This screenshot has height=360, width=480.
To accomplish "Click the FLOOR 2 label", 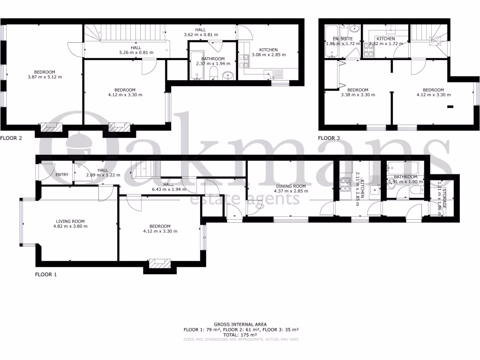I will pos(11,138).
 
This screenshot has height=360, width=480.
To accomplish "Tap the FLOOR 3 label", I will pos(330,138).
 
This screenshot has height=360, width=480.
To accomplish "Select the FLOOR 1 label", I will pos(46,275).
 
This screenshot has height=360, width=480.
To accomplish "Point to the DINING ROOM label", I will pos(291,186).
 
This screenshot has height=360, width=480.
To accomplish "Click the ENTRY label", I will pos(62,175).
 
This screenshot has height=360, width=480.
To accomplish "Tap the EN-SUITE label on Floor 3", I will pos(342,39).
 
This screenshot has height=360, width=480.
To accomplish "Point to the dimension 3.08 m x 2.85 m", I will pos(269,55).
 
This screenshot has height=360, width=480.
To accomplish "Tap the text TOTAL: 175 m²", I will pos(240,335).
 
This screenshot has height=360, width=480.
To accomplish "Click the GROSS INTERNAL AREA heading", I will pos(240,324).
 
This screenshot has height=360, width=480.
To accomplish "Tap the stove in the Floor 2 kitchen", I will pos(244,61).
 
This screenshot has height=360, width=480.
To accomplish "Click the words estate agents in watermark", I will pos(244,200).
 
